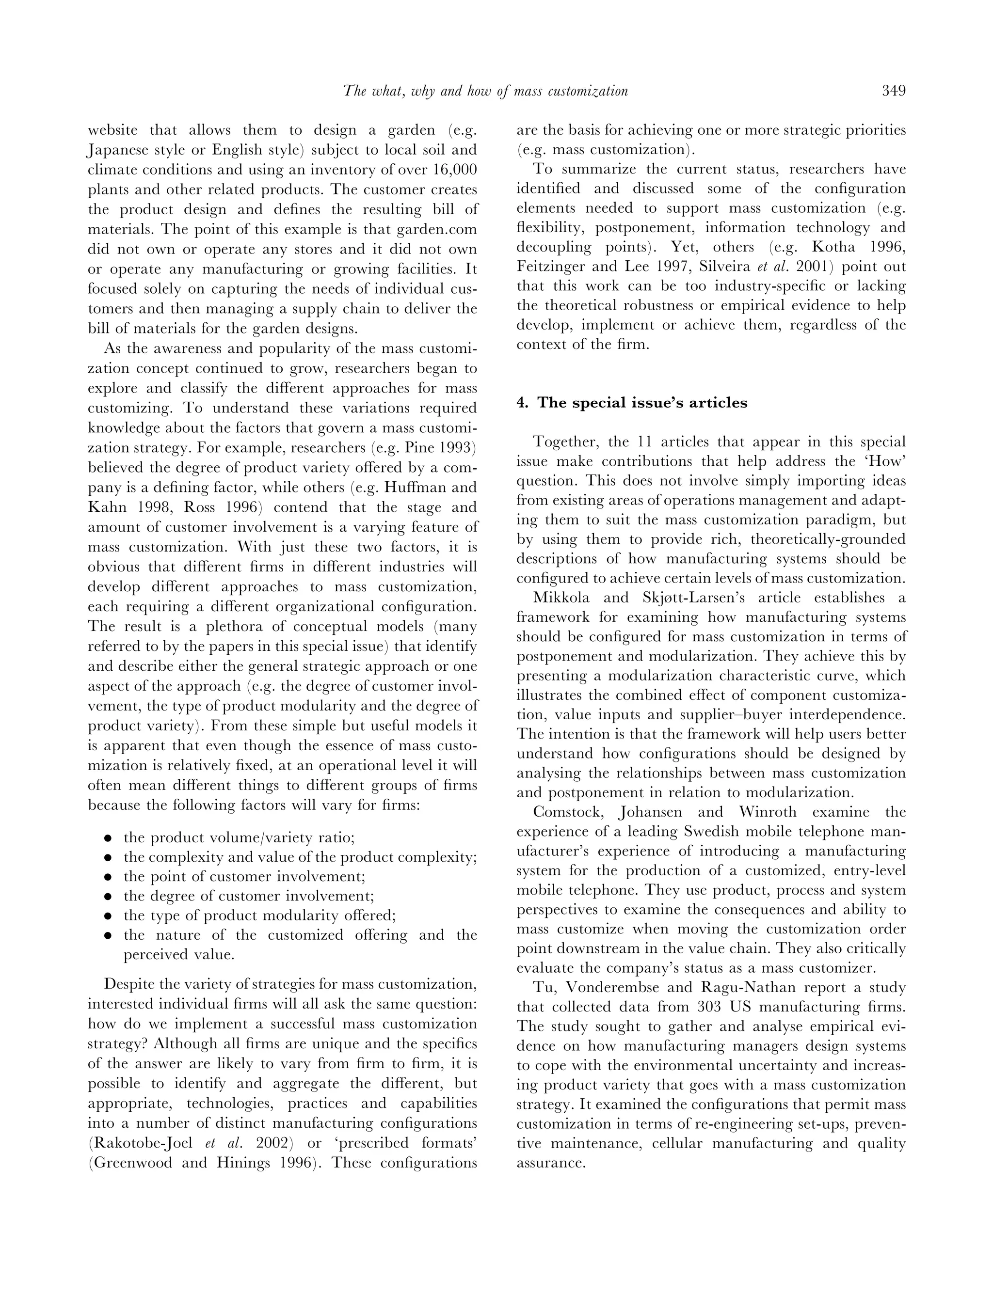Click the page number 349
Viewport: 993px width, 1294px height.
click(x=893, y=91)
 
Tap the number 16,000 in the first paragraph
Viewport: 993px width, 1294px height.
click(x=454, y=170)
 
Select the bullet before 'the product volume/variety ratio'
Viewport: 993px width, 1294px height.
click(x=108, y=838)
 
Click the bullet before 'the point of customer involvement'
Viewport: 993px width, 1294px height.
click(x=108, y=877)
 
